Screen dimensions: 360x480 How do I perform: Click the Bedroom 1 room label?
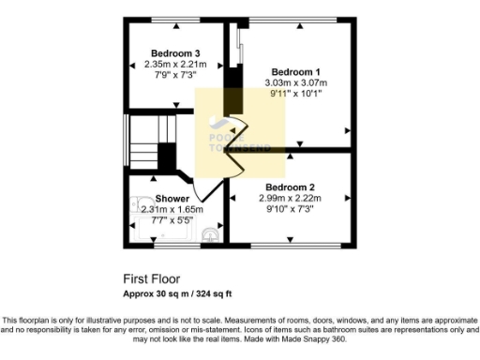click(295, 72)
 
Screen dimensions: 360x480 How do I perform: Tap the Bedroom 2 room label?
click(290, 187)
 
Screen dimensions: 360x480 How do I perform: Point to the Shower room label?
click(172, 199)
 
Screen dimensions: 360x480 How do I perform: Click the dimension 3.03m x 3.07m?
click(295, 82)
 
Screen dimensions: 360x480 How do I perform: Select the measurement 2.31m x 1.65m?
click(172, 209)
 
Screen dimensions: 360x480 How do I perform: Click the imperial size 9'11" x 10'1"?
click(295, 93)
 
